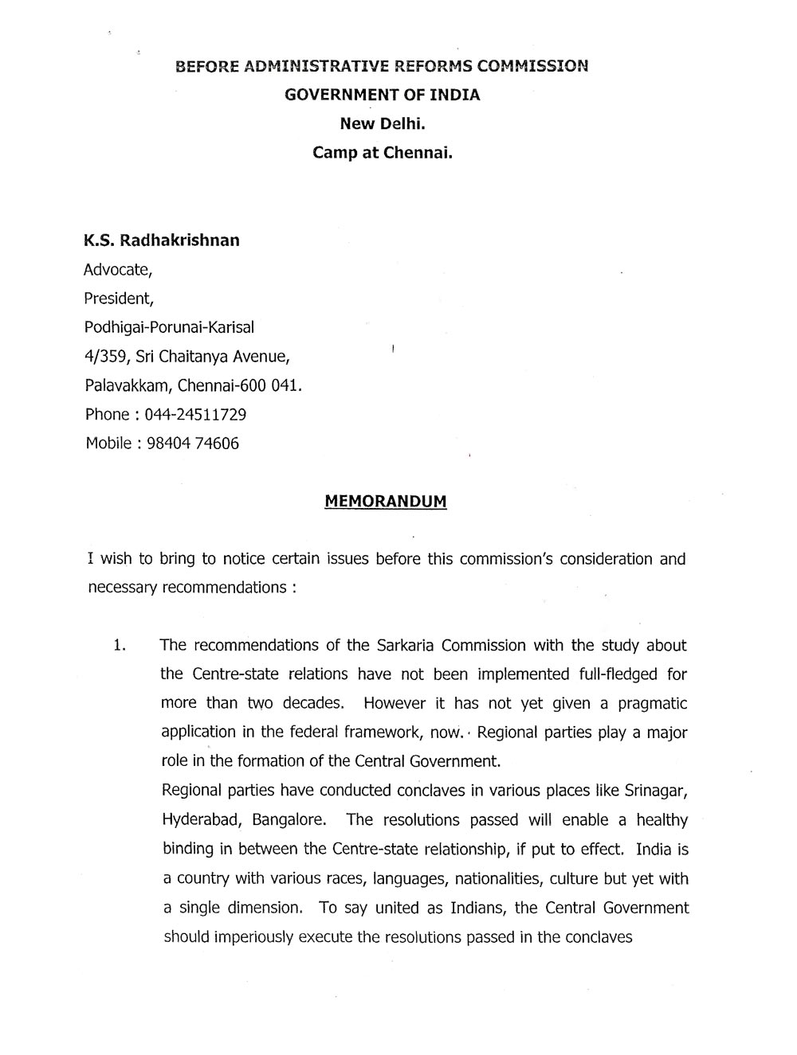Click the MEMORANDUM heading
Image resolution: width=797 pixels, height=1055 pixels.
[386, 502]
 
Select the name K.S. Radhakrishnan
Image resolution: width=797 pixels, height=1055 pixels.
[162, 240]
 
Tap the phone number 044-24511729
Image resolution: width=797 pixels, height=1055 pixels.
[195, 415]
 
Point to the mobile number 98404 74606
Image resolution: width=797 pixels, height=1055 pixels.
[193, 443]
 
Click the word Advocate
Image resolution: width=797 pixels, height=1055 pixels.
[116, 270]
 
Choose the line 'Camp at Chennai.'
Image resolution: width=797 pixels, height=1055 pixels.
[383, 152]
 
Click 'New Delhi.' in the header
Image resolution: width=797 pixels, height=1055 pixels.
[383, 123]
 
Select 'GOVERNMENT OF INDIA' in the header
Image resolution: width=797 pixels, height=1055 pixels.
[383, 95]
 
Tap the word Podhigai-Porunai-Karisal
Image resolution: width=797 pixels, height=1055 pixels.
[170, 327]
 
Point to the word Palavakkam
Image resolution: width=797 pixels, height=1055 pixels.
[127, 386]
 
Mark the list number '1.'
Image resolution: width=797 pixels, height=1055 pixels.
[120, 646]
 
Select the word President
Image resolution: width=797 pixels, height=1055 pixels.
[117, 299]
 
